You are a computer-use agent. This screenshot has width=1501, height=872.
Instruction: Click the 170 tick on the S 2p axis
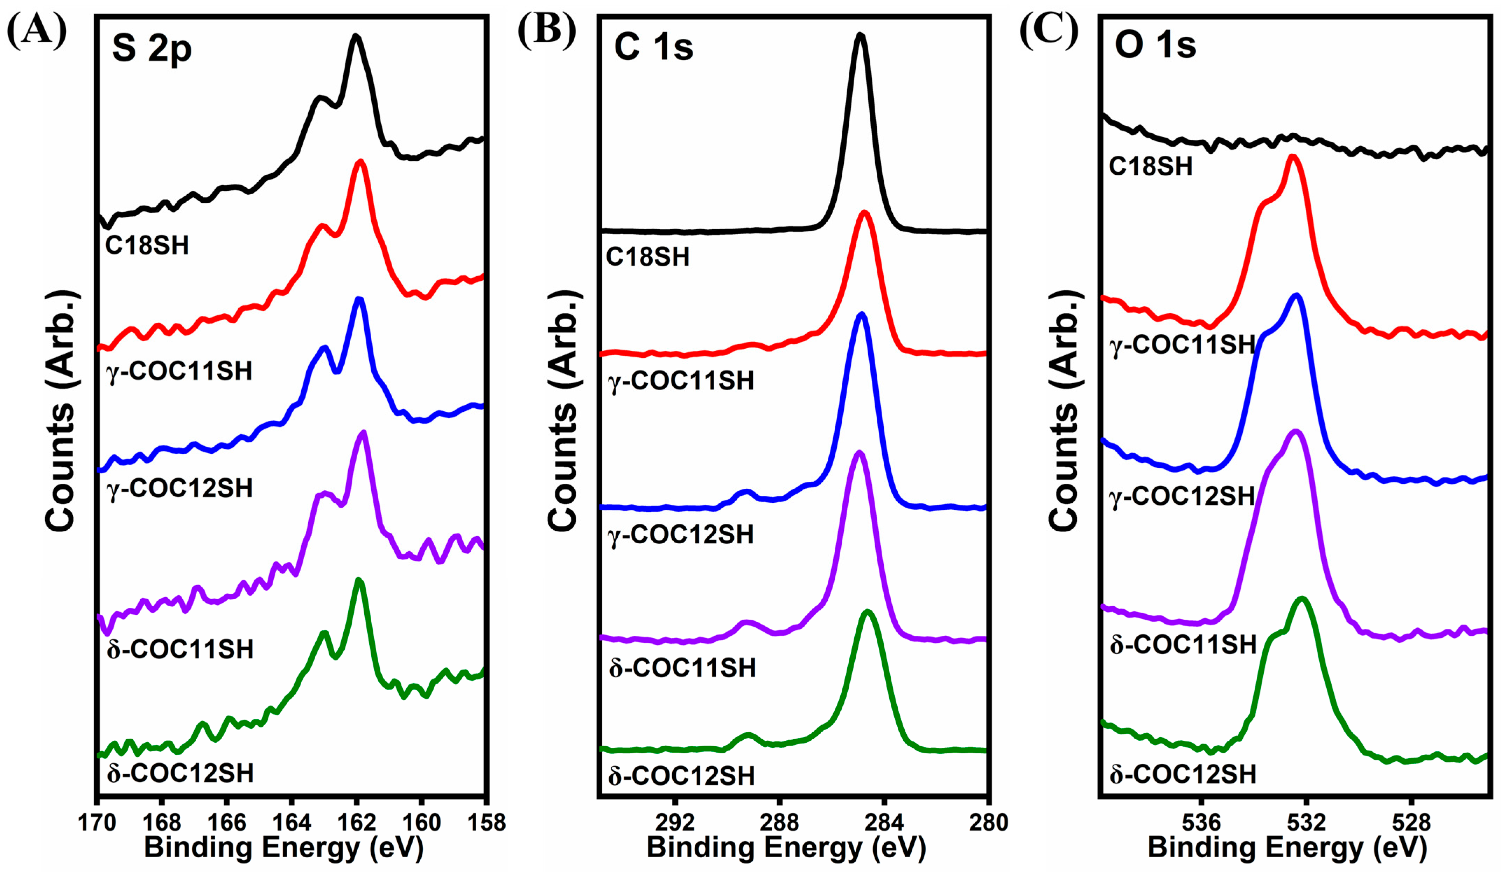97,823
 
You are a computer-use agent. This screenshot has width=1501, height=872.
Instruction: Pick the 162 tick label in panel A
356,823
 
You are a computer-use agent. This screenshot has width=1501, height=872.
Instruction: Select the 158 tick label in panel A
486,823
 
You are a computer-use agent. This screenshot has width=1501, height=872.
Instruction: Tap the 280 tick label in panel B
988,823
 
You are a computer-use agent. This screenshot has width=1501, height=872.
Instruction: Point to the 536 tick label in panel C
1201,823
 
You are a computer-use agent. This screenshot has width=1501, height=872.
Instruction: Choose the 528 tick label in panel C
1411,823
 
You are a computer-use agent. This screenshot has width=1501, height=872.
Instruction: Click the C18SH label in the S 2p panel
147,245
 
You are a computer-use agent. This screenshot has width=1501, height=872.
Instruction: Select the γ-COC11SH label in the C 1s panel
681,381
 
